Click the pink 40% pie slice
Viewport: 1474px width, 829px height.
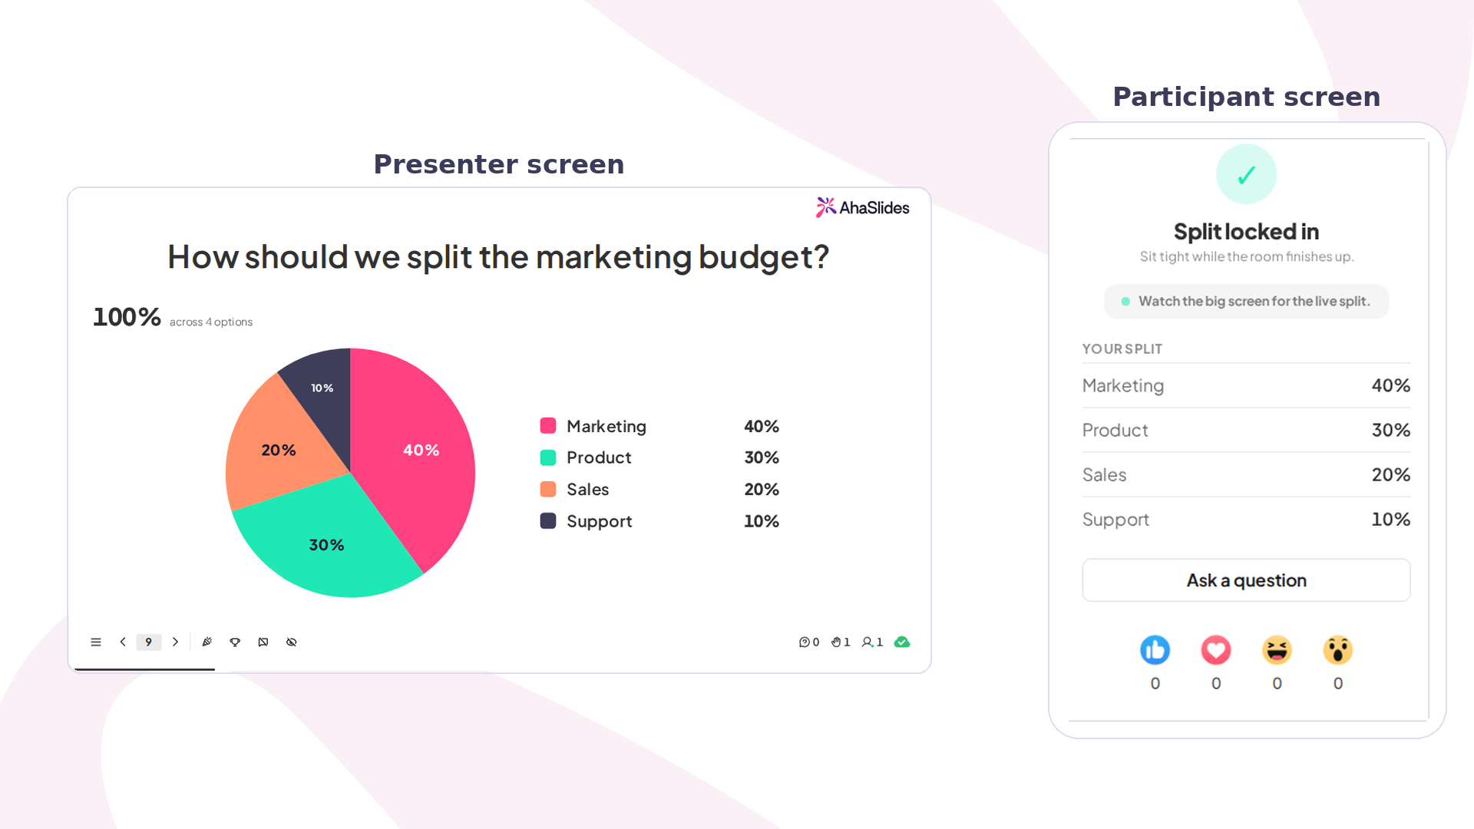415,453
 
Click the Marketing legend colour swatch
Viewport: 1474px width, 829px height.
548,426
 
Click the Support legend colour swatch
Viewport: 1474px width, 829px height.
548,521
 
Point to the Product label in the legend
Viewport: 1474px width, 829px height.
599,457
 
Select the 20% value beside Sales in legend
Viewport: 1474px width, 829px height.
762,490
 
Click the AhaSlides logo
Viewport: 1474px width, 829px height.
862,207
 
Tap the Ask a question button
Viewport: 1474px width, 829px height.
1246,580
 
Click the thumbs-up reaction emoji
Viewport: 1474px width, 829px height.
1155,650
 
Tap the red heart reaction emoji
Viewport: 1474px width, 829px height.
1216,650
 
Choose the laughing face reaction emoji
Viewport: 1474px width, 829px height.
1277,650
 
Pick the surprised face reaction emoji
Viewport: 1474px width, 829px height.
1338,650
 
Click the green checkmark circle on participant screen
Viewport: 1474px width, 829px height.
1247,174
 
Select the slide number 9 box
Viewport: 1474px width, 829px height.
149,642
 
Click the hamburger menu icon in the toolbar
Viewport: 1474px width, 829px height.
96,642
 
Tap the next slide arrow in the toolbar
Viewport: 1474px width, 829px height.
176,642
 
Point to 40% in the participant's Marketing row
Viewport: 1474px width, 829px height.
1391,385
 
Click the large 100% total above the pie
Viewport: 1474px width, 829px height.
127,317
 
